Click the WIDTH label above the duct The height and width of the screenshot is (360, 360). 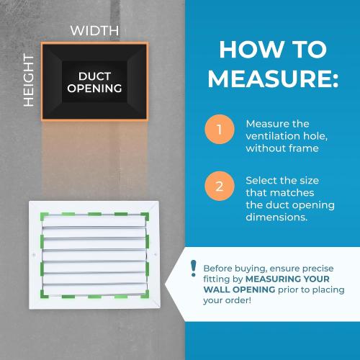pyautogui.click(x=94, y=31)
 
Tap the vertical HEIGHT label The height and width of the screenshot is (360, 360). pyautogui.click(x=29, y=80)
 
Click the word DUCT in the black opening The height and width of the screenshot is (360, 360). pyautogui.click(x=94, y=76)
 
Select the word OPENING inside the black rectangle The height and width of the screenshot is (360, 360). pyautogui.click(x=94, y=88)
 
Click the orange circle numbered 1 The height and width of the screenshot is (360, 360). pyautogui.click(x=220, y=130)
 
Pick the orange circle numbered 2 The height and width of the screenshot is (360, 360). pyautogui.click(x=220, y=186)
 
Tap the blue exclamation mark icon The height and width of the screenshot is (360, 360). pyautogui.click(x=193, y=269)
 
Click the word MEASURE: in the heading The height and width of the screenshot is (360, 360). pyautogui.click(x=273, y=78)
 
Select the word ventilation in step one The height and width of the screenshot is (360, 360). pyautogui.click(x=273, y=136)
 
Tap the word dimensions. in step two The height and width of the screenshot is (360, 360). pyautogui.click(x=276, y=217)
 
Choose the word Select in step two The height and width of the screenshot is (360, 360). pyautogui.click(x=261, y=181)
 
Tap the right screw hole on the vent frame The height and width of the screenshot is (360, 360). pyautogui.click(x=156, y=254)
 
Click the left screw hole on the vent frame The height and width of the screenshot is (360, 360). pyautogui.click(x=34, y=254)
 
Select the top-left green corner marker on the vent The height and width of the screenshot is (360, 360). pyautogui.click(x=43, y=215)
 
